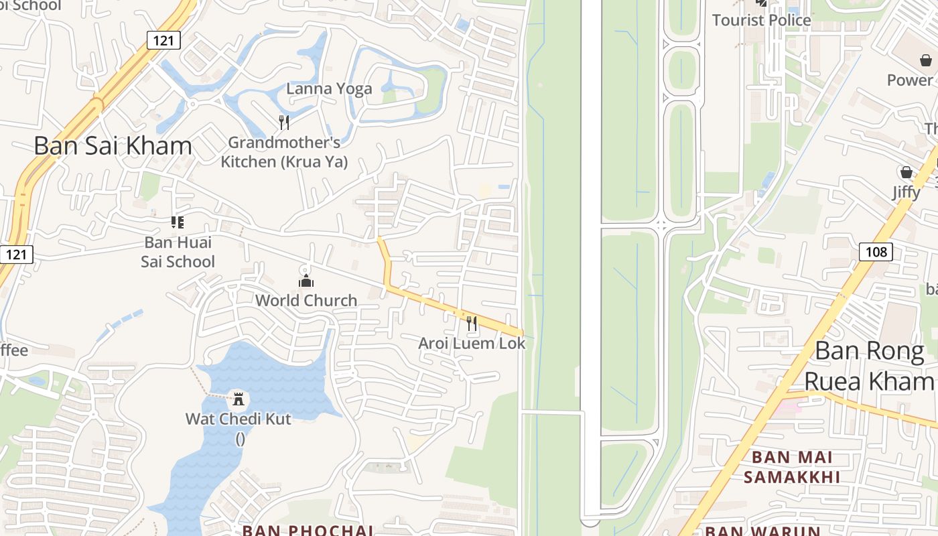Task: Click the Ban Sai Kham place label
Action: point(113,145)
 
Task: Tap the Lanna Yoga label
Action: point(329,88)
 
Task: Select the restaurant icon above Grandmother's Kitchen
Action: point(284,122)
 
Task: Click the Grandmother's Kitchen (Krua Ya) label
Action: point(284,152)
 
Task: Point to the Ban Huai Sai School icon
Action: point(178,222)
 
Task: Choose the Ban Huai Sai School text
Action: point(178,251)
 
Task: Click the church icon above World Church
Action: point(306,281)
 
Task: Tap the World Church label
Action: point(306,300)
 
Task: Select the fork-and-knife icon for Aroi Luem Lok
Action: point(472,324)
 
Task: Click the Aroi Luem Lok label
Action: point(472,343)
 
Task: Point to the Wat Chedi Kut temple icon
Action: point(238,399)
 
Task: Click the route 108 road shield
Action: point(876,251)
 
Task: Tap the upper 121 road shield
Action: point(163,40)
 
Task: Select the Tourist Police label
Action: point(761,20)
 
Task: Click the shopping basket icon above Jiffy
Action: point(907,172)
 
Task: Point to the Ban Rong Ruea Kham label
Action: point(869,365)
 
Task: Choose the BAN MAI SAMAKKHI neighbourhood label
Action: point(792,467)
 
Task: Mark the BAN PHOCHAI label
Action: point(308,531)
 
